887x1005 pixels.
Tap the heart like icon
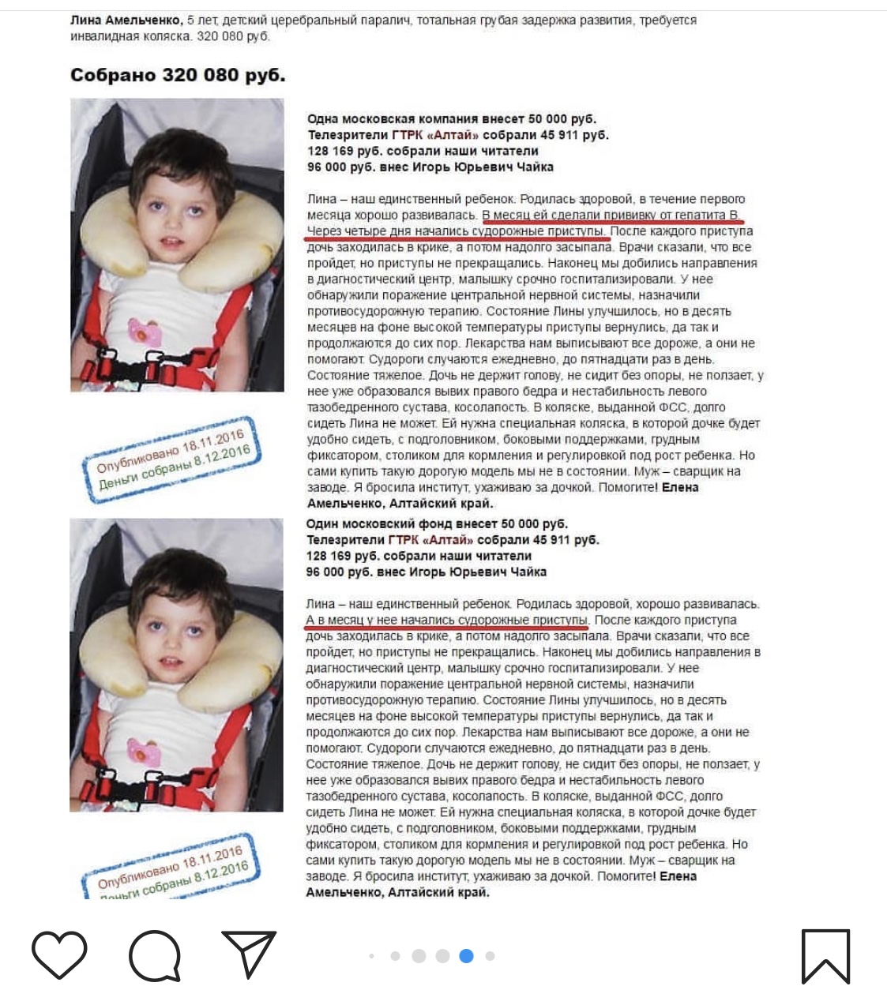point(59,955)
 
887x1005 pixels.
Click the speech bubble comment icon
point(155,955)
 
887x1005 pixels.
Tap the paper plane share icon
point(249,954)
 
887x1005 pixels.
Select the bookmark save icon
point(825,955)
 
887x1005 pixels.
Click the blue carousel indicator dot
point(466,956)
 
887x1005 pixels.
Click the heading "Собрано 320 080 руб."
point(178,75)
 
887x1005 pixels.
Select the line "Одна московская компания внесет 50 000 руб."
point(452,119)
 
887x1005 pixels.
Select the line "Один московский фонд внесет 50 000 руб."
point(437,524)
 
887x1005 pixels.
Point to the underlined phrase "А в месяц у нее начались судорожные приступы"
point(447,621)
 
